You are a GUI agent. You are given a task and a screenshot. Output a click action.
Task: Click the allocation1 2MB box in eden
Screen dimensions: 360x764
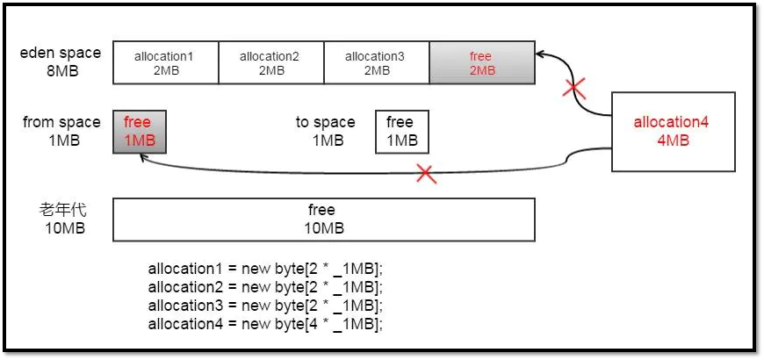(164, 63)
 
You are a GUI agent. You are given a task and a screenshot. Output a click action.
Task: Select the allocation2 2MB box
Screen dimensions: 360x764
(270, 63)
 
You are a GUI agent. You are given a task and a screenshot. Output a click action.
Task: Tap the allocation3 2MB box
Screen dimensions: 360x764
(375, 63)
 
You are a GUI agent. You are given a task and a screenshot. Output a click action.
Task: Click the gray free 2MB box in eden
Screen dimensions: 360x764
(481, 63)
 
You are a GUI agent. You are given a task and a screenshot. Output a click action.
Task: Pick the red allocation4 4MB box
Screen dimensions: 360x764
(672, 132)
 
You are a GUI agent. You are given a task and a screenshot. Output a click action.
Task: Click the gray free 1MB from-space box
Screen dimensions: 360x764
(139, 132)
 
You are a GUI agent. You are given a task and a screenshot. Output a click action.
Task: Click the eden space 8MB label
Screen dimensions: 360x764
(61, 61)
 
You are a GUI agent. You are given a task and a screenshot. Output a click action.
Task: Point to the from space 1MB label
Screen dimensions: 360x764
(61, 131)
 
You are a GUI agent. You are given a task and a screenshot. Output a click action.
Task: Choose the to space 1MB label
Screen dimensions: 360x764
(326, 131)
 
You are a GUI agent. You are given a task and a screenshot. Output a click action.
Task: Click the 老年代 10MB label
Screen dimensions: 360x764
(62, 219)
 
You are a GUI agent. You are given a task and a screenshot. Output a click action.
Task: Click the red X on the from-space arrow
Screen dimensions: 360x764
(426, 173)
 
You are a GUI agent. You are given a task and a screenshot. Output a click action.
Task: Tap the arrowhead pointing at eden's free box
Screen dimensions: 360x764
(541, 54)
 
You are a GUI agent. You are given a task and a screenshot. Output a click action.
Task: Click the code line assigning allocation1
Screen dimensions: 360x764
(266, 268)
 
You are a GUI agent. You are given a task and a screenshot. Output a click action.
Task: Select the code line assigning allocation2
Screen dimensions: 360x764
(266, 286)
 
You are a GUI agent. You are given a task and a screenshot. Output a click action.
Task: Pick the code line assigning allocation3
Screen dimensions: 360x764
(266, 305)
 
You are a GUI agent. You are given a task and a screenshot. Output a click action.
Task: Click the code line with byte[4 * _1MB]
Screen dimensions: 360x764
(266, 323)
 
